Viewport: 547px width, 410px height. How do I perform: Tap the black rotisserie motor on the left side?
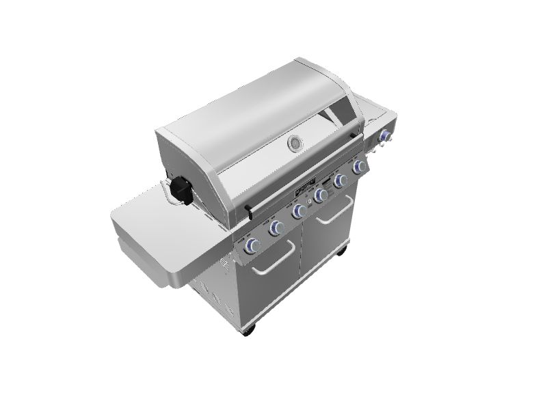click(x=181, y=189)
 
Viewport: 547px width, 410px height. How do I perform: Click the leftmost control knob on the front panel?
click(x=253, y=245)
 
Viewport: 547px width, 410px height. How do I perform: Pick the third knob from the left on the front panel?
click(x=298, y=212)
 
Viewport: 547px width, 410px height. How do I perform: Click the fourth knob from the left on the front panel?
click(x=320, y=197)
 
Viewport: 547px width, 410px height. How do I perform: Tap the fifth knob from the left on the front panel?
click(x=341, y=180)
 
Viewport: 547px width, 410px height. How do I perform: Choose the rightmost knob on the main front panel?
click(x=358, y=167)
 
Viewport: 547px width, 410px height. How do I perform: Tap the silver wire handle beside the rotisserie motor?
click(x=166, y=193)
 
